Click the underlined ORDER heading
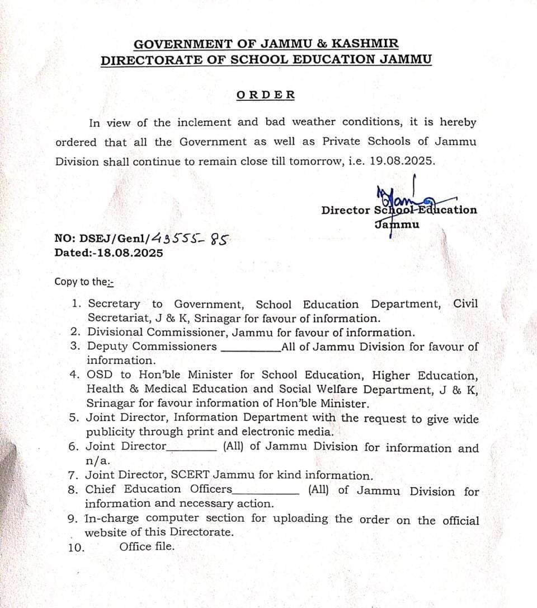[x=266, y=95]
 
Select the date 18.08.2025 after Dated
[x=130, y=253]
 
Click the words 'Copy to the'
[x=83, y=282]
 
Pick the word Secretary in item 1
[x=114, y=304]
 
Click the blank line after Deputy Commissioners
[x=251, y=347]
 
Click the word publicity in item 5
[x=110, y=432]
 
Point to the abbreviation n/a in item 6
[x=98, y=461]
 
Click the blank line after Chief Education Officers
[x=266, y=491]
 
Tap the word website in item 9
[x=106, y=532]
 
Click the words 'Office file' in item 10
[x=147, y=546]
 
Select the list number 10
[x=77, y=548]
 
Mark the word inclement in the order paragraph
[x=204, y=122]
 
